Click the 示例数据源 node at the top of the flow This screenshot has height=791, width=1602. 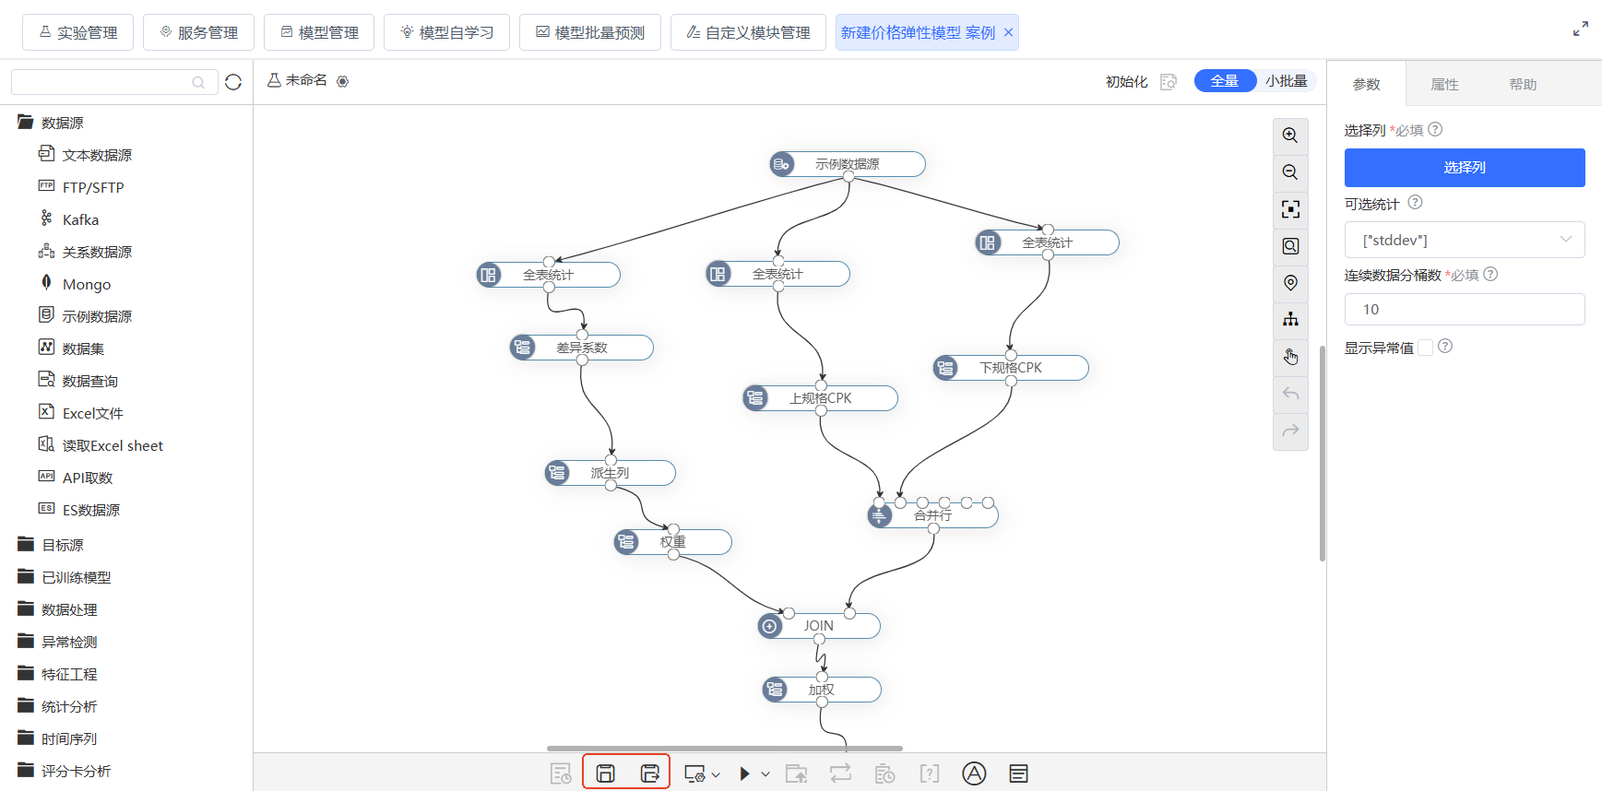[x=848, y=164]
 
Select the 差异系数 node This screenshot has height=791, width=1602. [x=582, y=348]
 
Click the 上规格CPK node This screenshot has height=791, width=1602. [x=820, y=398]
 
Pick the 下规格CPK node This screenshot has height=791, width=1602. [x=1011, y=368]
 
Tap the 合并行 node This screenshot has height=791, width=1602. [x=932, y=515]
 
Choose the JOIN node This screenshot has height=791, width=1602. [x=819, y=626]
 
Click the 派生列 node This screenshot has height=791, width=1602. [x=610, y=473]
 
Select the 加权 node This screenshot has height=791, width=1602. [x=822, y=690]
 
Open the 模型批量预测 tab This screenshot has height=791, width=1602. [x=590, y=32]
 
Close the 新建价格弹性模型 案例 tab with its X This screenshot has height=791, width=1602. [x=1009, y=32]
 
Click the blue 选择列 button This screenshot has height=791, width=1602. [x=1465, y=168]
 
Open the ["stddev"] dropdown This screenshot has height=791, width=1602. [x=1465, y=240]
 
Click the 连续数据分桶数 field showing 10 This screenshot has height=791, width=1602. [x=1465, y=310]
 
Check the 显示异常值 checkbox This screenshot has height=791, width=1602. [x=1426, y=348]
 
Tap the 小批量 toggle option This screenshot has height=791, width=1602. [x=1286, y=81]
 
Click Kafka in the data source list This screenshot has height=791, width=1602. [x=80, y=219]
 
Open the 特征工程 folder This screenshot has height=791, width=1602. [x=69, y=674]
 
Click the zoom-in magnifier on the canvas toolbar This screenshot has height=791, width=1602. [x=1290, y=136]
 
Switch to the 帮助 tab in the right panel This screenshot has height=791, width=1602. [x=1523, y=85]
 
